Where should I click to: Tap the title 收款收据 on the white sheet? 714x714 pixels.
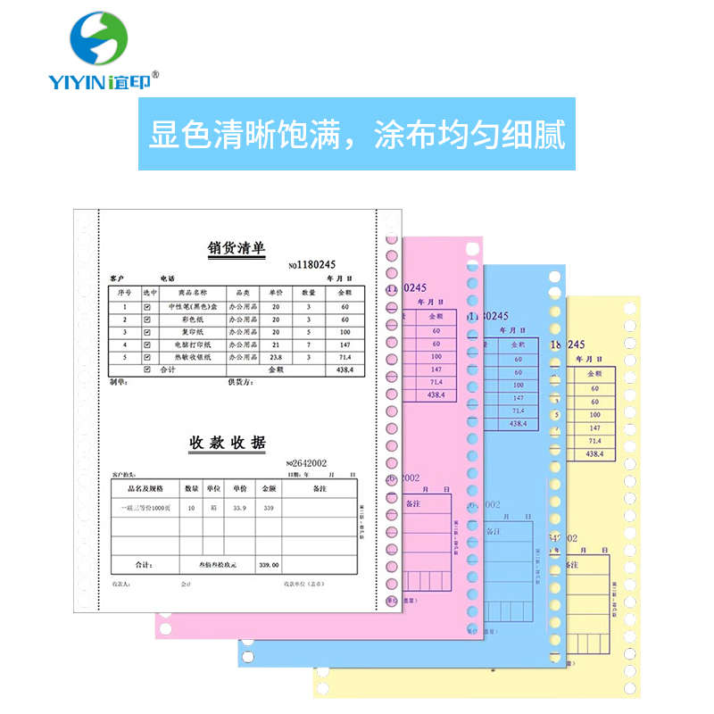[227, 443]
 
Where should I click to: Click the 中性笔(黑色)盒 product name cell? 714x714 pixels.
[191, 306]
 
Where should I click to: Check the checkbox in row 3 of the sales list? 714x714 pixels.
[147, 331]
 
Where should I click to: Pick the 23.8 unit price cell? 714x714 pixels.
[276, 356]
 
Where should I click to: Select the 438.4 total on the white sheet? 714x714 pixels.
[344, 369]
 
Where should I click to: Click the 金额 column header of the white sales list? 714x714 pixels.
[344, 293]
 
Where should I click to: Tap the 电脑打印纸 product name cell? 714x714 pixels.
[191, 344]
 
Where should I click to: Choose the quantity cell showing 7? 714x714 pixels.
[309, 344]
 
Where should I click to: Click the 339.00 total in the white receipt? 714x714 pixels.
[269, 565]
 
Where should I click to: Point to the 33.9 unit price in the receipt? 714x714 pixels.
[239, 508]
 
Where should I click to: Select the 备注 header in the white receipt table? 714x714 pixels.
[320, 489]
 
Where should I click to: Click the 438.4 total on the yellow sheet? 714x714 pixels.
[594, 454]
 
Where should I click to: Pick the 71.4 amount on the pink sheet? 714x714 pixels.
[436, 381]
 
